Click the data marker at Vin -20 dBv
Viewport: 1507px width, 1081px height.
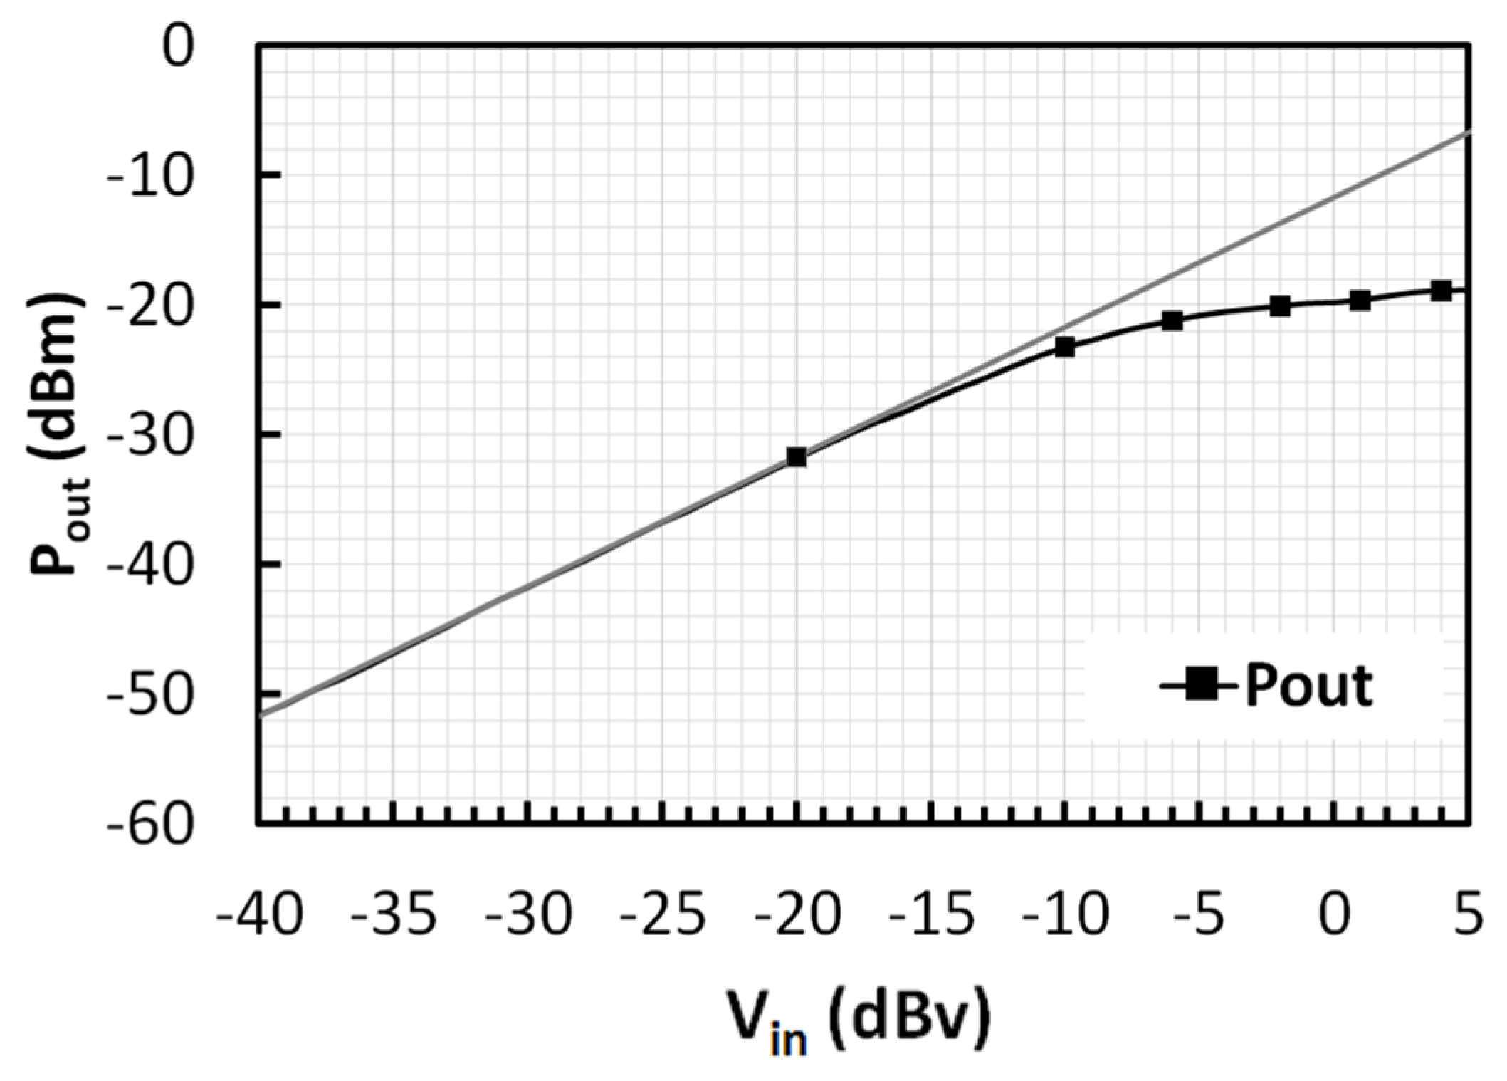coord(796,456)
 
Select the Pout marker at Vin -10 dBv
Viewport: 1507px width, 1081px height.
coord(1064,348)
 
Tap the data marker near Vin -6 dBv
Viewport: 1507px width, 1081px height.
coord(1172,321)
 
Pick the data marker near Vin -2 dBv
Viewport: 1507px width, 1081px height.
coord(1280,307)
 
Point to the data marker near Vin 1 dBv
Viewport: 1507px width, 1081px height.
coord(1360,301)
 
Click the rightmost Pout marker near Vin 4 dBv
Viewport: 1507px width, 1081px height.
coord(1441,291)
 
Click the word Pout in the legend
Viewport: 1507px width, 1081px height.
coord(1308,686)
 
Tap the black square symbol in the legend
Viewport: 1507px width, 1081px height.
coord(1201,686)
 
